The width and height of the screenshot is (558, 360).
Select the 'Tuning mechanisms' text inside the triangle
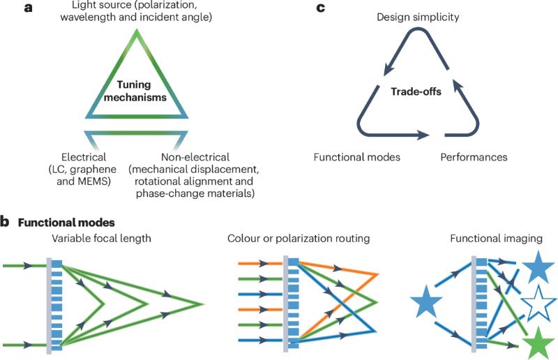pyautogui.click(x=137, y=91)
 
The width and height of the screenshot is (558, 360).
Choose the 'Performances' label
pyautogui.click(x=474, y=158)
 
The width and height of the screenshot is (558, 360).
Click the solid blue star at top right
pyautogui.click(x=538, y=268)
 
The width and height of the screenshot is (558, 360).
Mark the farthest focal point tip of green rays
pyautogui.click(x=203, y=304)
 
